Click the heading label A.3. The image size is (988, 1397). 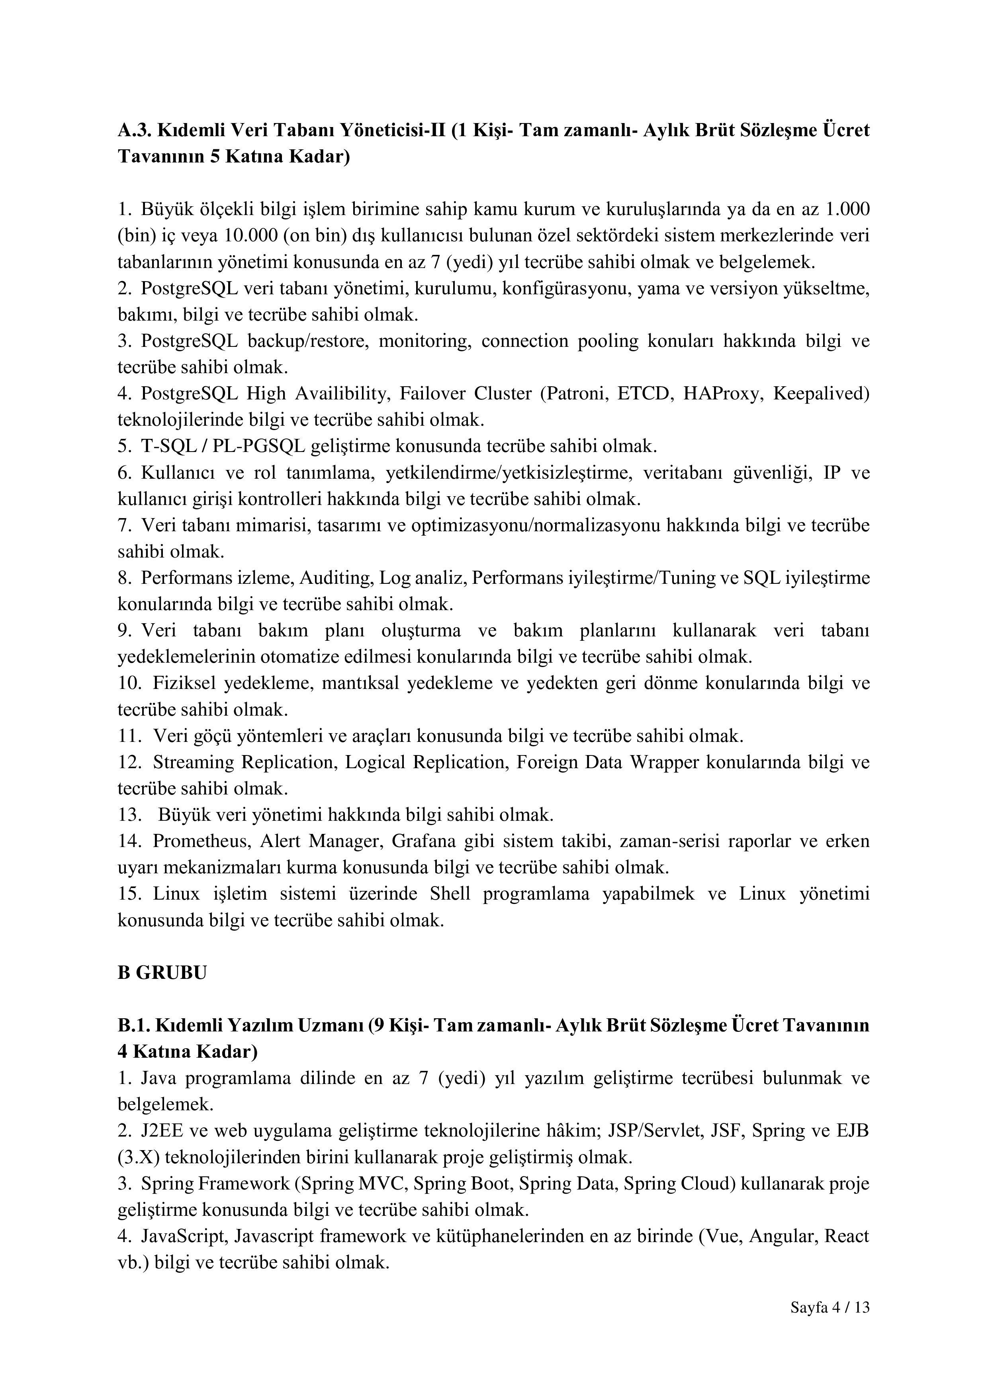coord(133,130)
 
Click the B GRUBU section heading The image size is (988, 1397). coord(162,972)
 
